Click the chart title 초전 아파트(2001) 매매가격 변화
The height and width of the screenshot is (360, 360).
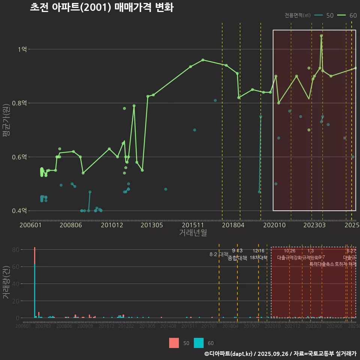click(x=101, y=7)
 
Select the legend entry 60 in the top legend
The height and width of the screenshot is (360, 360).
click(x=352, y=15)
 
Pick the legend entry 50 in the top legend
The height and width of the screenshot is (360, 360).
click(x=330, y=15)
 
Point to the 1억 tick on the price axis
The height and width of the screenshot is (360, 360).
click(x=23, y=49)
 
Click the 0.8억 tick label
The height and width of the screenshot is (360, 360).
click(x=21, y=103)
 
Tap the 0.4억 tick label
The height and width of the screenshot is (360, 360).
click(x=21, y=211)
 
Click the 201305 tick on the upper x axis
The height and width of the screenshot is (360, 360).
click(x=151, y=225)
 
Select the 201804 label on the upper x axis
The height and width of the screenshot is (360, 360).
click(x=233, y=225)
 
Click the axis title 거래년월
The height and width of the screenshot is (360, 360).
click(x=193, y=232)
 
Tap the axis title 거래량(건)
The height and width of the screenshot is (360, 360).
click(x=6, y=283)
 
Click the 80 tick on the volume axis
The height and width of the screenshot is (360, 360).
click(x=16, y=250)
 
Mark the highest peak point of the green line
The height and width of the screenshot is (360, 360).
click(x=321, y=36)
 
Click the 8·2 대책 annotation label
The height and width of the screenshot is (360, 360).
click(x=219, y=254)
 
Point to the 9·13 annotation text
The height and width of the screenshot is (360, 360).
click(x=237, y=251)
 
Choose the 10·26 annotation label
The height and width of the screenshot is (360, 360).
click(x=289, y=251)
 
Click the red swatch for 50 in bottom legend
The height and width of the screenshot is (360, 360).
click(x=174, y=343)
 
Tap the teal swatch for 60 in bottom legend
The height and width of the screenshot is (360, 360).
click(x=199, y=343)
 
